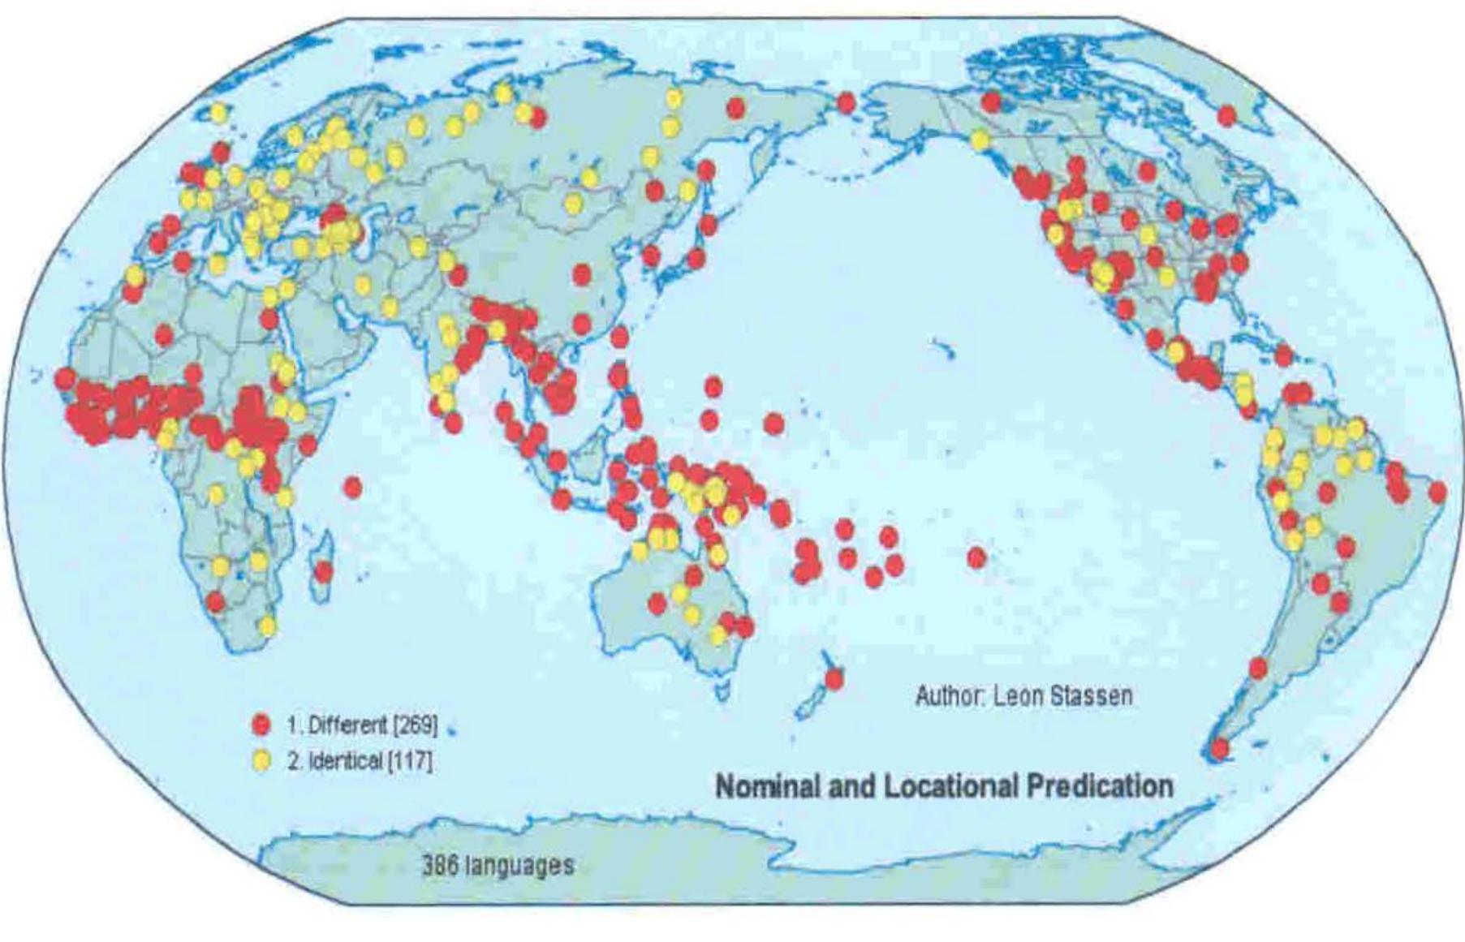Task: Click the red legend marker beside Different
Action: click(261, 725)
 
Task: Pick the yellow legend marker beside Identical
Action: click(261, 761)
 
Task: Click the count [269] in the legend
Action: click(414, 725)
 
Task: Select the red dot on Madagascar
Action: click(323, 572)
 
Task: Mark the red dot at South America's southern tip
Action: click(1219, 748)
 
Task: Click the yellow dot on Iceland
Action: click(218, 114)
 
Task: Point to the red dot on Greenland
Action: click(1226, 116)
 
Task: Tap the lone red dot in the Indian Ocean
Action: click(352, 487)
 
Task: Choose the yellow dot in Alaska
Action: click(980, 140)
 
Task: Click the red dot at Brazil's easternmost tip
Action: click(1437, 493)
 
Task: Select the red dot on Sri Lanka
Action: click(453, 423)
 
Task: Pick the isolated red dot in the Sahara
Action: click(164, 334)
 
